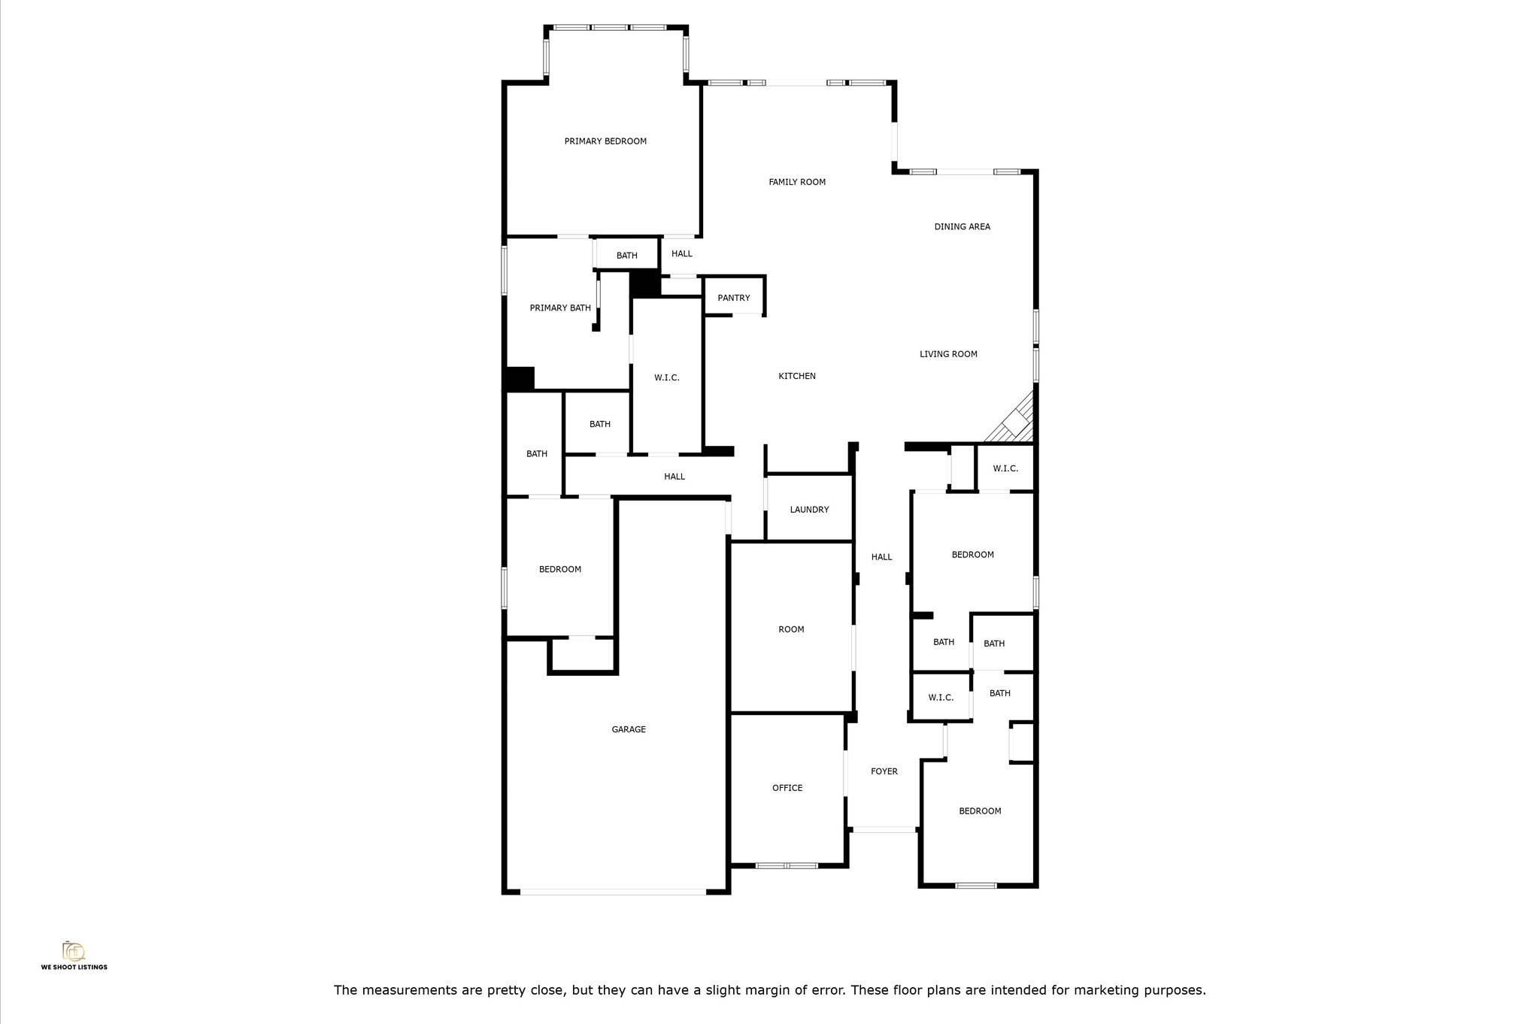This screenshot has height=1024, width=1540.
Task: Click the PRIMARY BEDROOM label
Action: pyautogui.click(x=605, y=141)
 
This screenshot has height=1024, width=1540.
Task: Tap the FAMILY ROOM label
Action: pyautogui.click(x=797, y=182)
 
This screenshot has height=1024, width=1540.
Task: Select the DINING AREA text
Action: pyautogui.click(x=962, y=226)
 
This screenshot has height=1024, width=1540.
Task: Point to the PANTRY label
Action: pyautogui.click(x=734, y=298)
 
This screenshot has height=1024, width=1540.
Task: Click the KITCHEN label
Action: pyautogui.click(x=797, y=376)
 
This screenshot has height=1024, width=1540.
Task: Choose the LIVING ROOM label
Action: pyautogui.click(x=948, y=354)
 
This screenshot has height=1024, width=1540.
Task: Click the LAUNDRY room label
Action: pyautogui.click(x=809, y=510)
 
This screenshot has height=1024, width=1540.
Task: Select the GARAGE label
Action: pyautogui.click(x=629, y=729)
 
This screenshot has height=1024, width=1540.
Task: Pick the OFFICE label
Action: pyautogui.click(x=787, y=788)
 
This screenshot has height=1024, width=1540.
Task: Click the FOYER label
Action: pyautogui.click(x=884, y=771)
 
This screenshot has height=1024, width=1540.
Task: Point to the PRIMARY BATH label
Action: pyautogui.click(x=560, y=308)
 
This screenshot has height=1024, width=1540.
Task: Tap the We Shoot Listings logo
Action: pyautogui.click(x=74, y=956)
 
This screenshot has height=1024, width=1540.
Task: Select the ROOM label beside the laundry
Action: pyautogui.click(x=791, y=629)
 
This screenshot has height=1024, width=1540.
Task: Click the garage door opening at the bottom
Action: pyautogui.click(x=613, y=892)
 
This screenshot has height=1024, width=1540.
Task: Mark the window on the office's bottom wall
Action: pyautogui.click(x=787, y=866)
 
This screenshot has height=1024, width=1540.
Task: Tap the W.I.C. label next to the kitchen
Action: pyautogui.click(x=667, y=377)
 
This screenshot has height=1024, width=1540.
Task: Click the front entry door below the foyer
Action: pyautogui.click(x=884, y=829)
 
